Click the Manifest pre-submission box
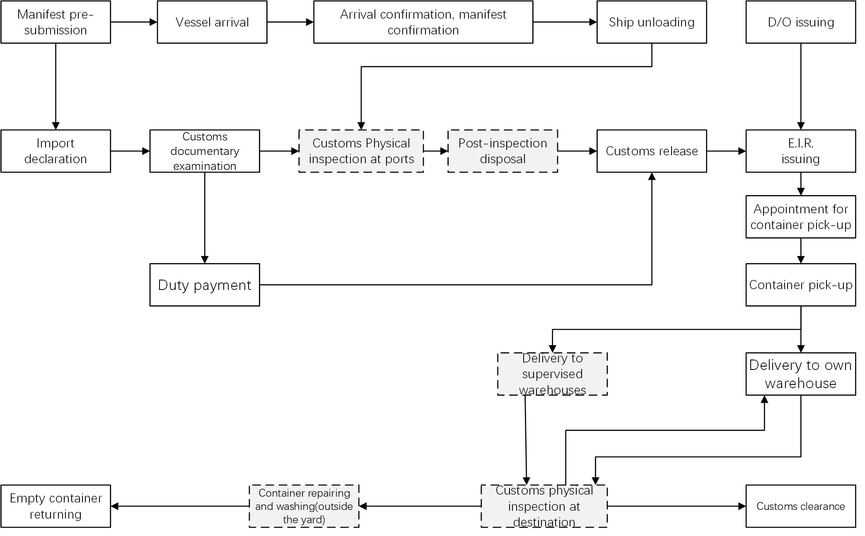pos(56,22)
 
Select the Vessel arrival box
pos(212,22)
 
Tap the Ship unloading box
pos(651,22)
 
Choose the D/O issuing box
pos(800,22)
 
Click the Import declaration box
pos(56,151)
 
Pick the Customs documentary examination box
pos(205,151)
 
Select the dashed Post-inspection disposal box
pos(503,151)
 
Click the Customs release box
pos(651,151)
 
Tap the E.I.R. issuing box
pos(800,151)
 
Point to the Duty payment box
pos(205,285)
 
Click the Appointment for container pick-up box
pos(800,217)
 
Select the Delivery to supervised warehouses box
pos(552,374)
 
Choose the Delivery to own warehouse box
pos(800,374)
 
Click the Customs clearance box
pos(800,506)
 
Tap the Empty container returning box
pos(56,506)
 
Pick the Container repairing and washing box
pos(304,506)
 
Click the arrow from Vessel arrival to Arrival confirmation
pos(290,22)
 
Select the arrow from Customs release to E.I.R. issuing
pos(726,151)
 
